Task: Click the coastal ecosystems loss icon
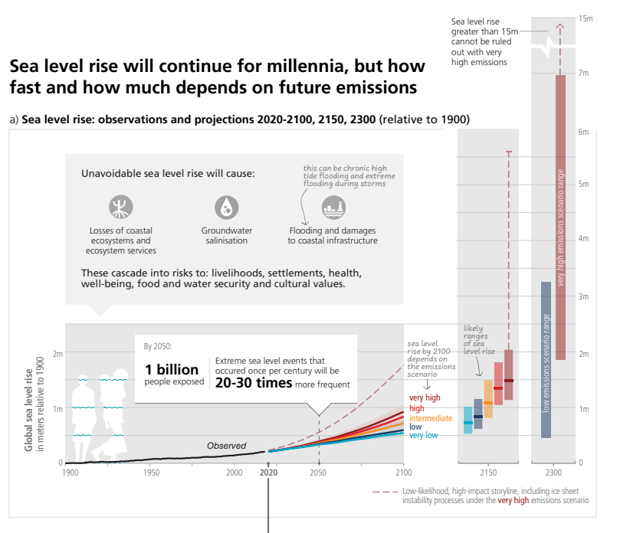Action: [x=120, y=206]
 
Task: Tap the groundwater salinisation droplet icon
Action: [x=226, y=206]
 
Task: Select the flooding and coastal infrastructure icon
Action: [x=333, y=205]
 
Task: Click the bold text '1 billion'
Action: [x=172, y=369]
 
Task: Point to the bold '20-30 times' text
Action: [x=254, y=384]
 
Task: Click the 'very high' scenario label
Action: [x=425, y=398]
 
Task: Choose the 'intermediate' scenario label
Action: [x=431, y=418]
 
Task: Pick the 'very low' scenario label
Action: [x=424, y=436]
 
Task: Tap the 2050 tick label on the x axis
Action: [x=318, y=473]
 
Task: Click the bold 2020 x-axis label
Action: [x=268, y=473]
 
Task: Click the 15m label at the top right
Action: [x=586, y=18]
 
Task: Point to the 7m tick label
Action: [x=582, y=73]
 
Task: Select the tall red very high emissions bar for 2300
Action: [x=560, y=217]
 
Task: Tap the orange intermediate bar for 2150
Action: [x=488, y=398]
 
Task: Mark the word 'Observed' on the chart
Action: [x=226, y=446]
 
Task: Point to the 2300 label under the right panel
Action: [x=554, y=473]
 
